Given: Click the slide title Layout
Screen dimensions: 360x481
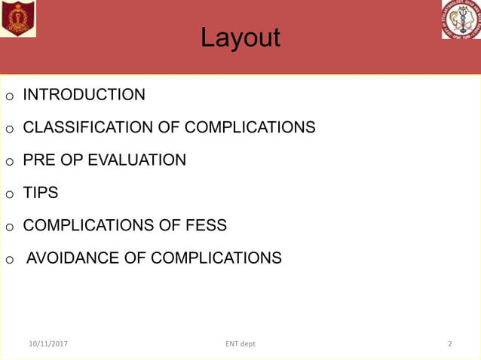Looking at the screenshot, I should [240, 38].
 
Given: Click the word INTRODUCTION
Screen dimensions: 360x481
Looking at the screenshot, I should [84, 95].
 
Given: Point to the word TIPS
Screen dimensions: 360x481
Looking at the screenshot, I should [41, 193].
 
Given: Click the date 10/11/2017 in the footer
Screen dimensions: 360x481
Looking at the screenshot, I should [49, 343].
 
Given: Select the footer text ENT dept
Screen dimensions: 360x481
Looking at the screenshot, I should [240, 343].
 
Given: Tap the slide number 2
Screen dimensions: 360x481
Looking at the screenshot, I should [450, 343].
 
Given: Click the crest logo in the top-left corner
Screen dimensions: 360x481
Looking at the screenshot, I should [18, 18].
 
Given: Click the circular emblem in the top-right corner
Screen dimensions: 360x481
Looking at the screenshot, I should [461, 20].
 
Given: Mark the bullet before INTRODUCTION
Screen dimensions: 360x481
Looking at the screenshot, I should [10, 97].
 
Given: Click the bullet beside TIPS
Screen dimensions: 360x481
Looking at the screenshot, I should [10, 195].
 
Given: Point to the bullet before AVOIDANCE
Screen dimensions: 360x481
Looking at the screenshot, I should [10, 261].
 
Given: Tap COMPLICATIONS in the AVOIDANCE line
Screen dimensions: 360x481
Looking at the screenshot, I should [216, 258].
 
